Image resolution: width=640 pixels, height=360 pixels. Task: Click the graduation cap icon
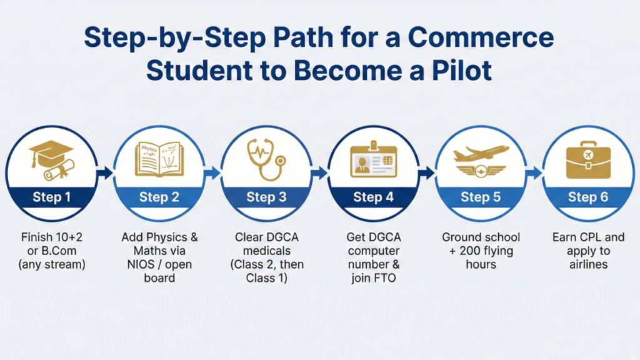coord(52,155)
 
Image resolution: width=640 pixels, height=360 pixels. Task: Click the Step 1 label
coord(52,197)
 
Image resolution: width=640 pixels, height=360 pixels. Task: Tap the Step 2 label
coord(159,197)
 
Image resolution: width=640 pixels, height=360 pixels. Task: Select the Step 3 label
coord(266,197)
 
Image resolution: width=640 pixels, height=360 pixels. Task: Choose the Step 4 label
coord(373,197)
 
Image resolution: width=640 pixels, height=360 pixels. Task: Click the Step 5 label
coord(480,197)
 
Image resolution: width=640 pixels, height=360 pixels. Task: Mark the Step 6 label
coord(587,197)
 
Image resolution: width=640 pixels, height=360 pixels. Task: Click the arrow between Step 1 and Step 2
coord(106,172)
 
